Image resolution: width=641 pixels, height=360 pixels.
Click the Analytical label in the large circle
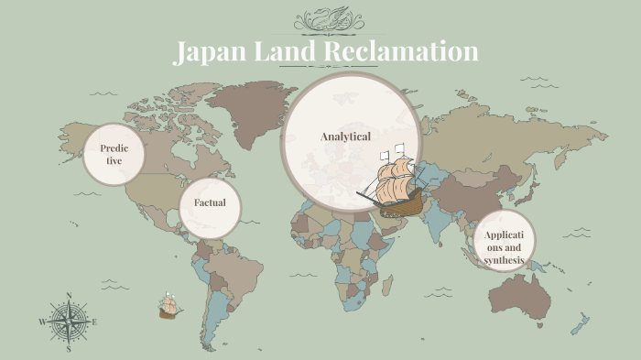(x=345, y=136)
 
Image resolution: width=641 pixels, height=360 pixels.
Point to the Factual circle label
(x=210, y=202)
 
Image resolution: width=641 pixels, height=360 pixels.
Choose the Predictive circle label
(x=114, y=154)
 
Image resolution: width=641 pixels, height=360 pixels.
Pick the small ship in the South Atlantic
(x=169, y=306)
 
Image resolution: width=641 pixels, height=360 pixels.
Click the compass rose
(x=69, y=322)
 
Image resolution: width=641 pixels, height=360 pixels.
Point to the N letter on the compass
(x=69, y=295)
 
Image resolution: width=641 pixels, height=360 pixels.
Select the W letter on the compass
(x=42, y=322)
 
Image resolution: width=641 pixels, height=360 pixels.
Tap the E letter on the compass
(x=94, y=322)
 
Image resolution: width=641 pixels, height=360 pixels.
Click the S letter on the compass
(x=69, y=349)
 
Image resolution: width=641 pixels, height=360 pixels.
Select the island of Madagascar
(x=387, y=287)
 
